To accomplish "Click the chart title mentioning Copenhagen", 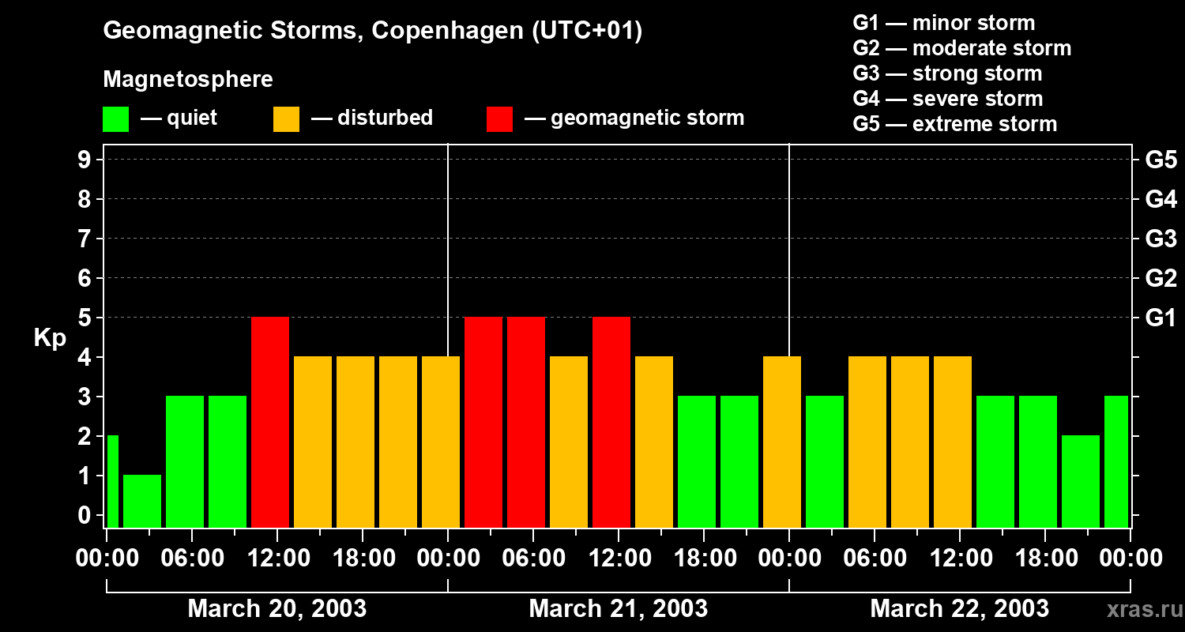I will click(372, 31).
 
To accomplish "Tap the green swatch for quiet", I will click(115, 119).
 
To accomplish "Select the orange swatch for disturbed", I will click(286, 119).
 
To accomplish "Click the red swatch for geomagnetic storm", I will click(499, 119).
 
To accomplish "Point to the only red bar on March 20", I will click(270, 422).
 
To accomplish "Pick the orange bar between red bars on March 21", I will click(569, 442).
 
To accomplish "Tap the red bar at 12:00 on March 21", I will click(611, 422).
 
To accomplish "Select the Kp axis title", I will click(50, 338).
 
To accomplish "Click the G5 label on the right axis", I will click(1161, 160).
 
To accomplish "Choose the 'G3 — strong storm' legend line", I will click(947, 73).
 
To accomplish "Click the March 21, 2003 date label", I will click(618, 609).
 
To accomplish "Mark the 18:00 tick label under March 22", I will click(1044, 559).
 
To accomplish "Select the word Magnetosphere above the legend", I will click(188, 80).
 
